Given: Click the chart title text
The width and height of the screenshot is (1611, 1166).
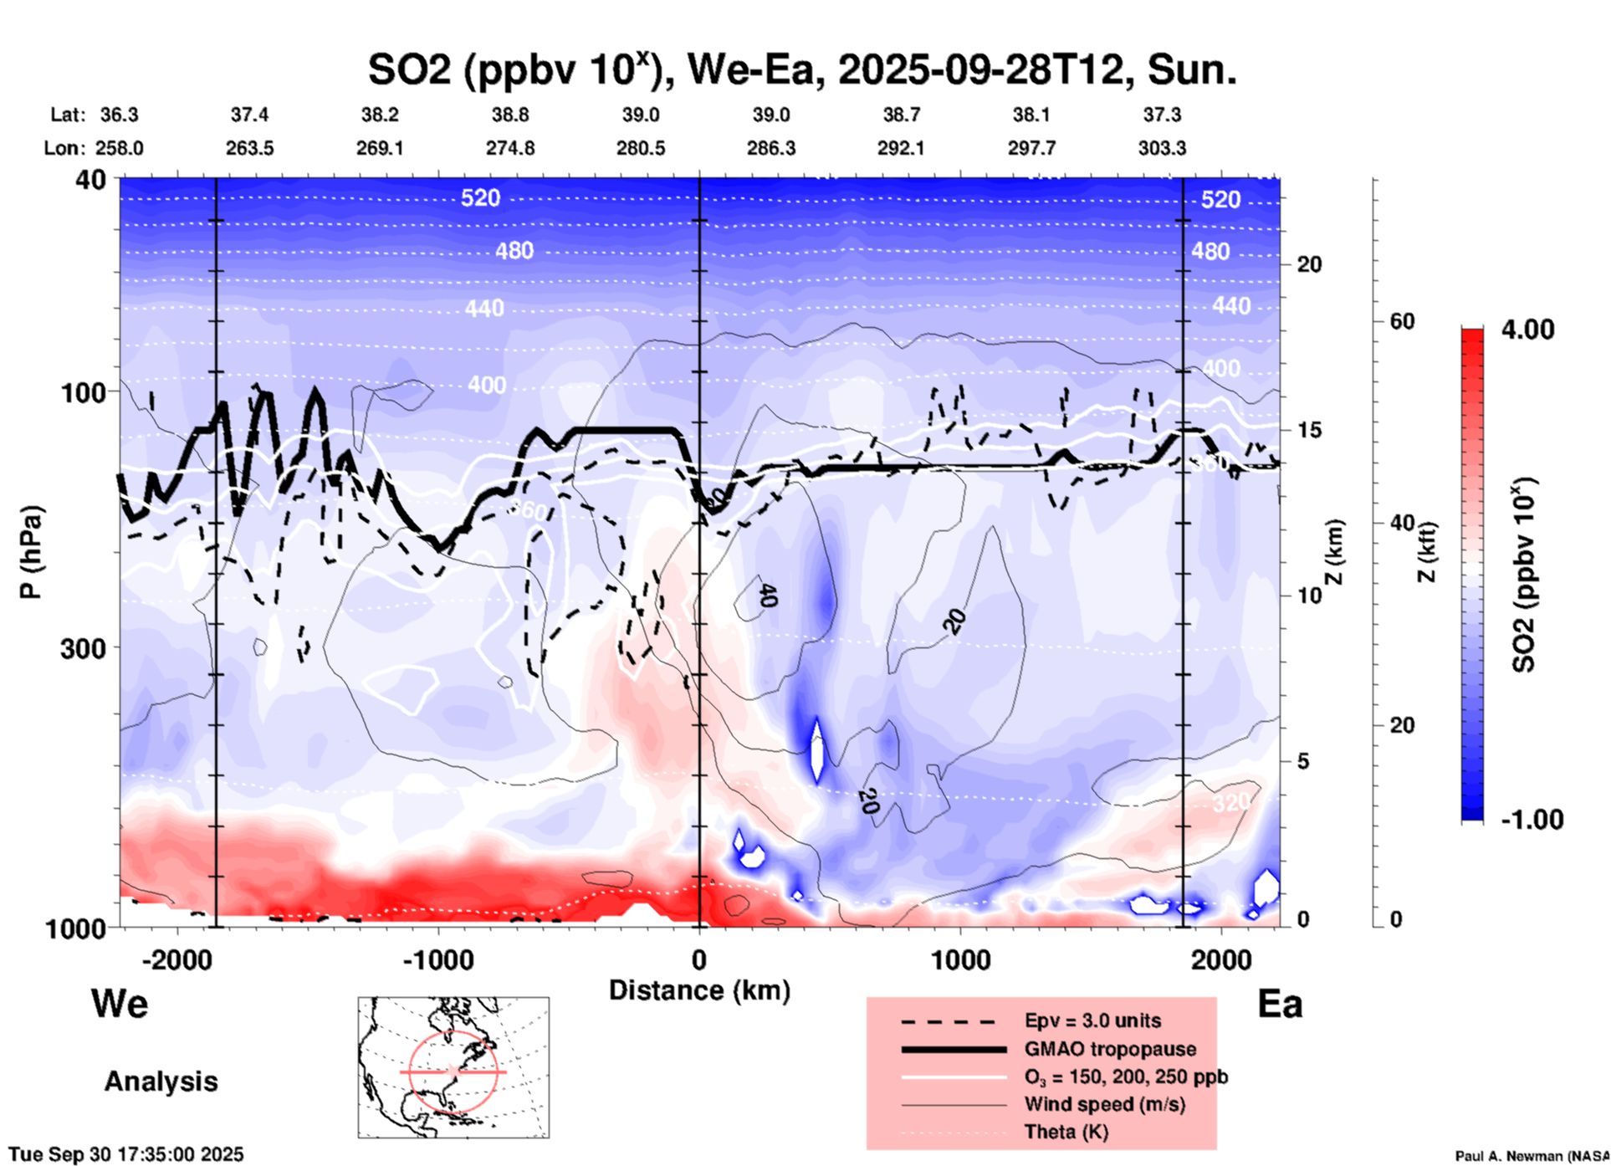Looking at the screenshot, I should [x=801, y=70].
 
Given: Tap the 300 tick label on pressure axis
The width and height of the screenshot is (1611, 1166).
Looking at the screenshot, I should [x=83, y=647].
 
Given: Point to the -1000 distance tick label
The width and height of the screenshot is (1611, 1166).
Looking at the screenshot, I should [x=437, y=959].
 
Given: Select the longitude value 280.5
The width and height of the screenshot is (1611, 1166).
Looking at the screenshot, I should [x=641, y=148].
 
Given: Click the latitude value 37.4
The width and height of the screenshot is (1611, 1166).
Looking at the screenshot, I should [x=249, y=115].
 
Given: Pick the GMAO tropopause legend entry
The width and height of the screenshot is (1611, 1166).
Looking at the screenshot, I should [x=1110, y=1049].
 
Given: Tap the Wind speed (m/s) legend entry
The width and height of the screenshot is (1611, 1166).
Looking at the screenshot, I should [x=1104, y=1104].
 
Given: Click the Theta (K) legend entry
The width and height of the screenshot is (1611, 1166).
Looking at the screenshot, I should [x=1066, y=1132].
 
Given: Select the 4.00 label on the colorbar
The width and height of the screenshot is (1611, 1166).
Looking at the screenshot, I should [x=1527, y=330].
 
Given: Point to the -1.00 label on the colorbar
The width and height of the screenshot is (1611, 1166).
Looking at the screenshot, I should [x=1532, y=819].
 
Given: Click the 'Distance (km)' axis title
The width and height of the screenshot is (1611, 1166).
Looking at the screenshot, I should [x=699, y=990].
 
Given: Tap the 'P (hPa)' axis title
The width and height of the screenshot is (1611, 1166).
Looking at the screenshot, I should [x=31, y=552].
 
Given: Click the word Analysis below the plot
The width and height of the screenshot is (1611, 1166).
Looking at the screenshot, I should [x=161, y=1082].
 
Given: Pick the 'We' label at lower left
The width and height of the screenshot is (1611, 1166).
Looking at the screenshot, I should [x=120, y=1003].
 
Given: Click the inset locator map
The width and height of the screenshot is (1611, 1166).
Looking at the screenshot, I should [x=453, y=1067].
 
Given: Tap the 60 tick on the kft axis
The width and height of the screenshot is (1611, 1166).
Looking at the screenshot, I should [x=1402, y=321].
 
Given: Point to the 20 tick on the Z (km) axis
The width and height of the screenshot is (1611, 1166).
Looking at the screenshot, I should [x=1309, y=265].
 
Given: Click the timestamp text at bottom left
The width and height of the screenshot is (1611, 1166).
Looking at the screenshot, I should [x=126, y=1154].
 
